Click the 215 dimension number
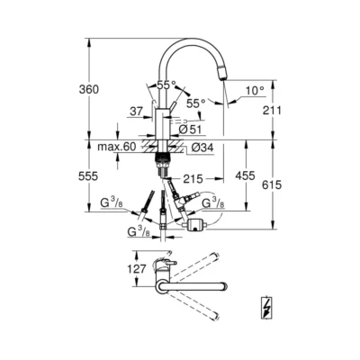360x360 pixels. coord(193,178)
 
